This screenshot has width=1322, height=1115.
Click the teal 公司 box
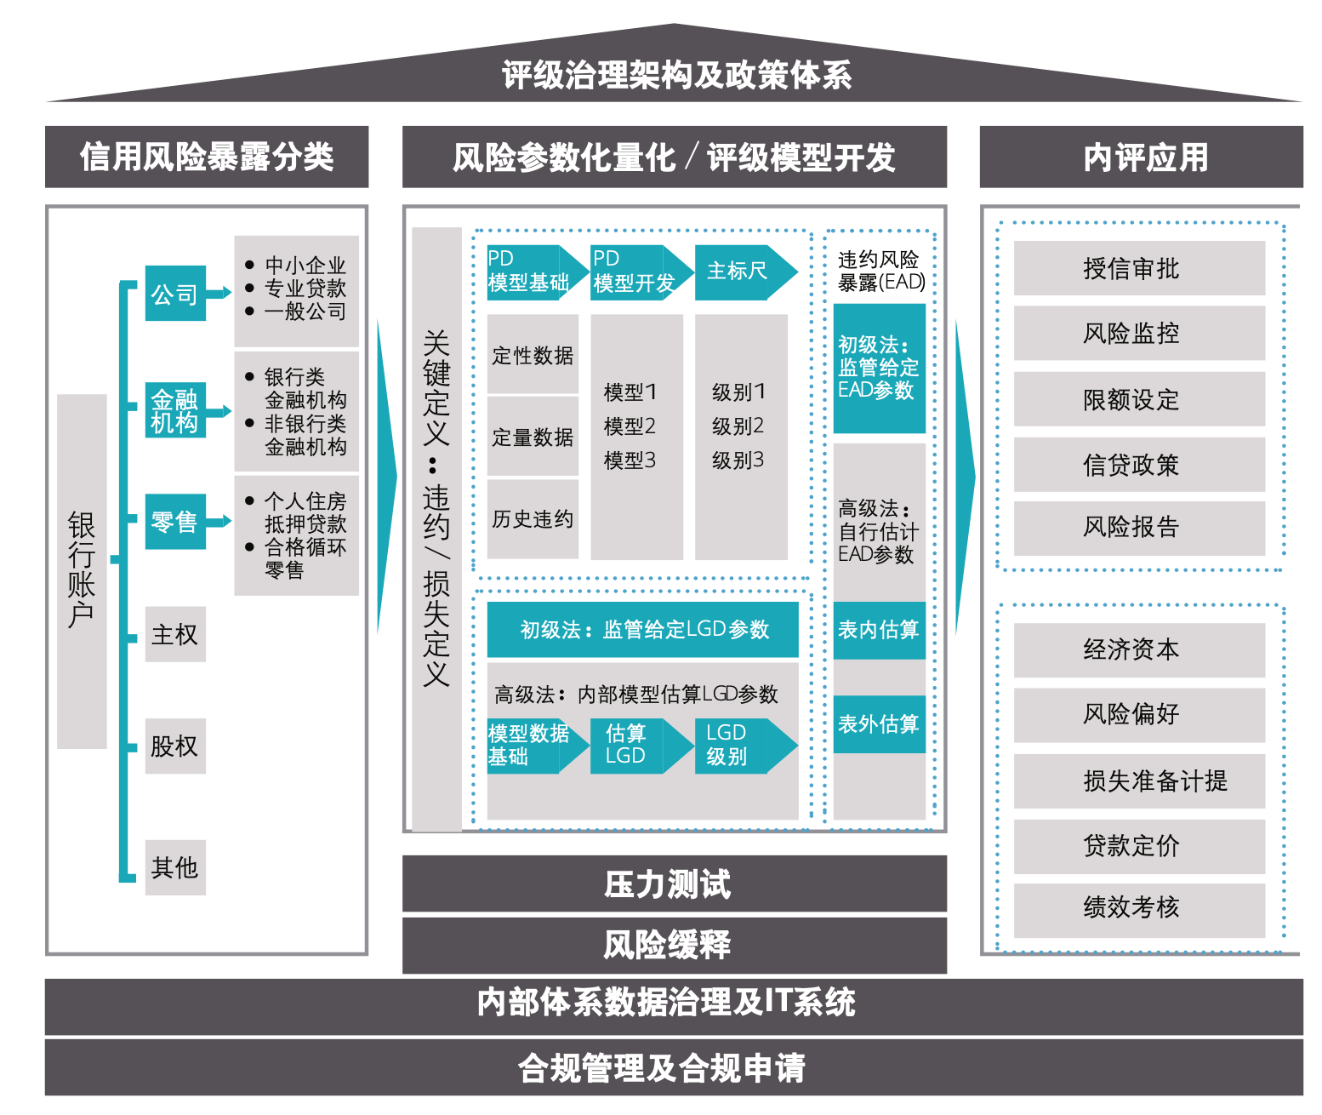(175, 294)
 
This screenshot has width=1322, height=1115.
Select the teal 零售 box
(175, 521)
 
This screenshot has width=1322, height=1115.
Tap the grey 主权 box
(175, 634)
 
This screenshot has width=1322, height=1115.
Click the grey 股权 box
(175, 746)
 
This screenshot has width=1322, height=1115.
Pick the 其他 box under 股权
(175, 867)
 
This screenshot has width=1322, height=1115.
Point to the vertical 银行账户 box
(82, 571)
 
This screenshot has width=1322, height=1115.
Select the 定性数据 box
(533, 355)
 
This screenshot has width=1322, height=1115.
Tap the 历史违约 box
(533, 518)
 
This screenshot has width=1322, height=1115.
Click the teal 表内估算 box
(879, 630)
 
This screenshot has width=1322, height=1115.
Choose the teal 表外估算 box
(879, 724)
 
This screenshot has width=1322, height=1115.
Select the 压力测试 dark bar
(674, 884)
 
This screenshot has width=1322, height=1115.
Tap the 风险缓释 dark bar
(674, 945)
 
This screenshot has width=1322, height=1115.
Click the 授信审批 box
(1139, 269)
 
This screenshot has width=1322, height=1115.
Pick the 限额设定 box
(1139, 399)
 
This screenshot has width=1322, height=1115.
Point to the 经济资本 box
(1139, 650)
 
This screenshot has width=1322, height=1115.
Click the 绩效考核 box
(1139, 908)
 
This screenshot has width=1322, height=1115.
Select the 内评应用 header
(1141, 157)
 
